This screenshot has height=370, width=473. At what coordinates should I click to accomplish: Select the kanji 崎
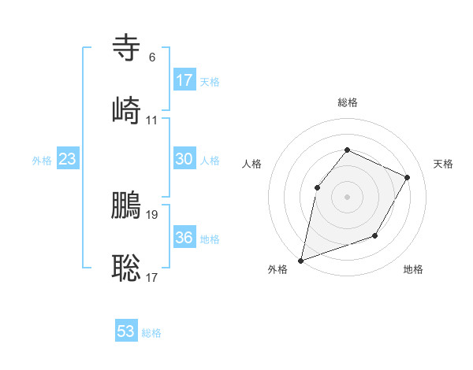click(x=126, y=109)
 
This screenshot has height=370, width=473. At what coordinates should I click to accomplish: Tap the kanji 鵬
click(x=126, y=205)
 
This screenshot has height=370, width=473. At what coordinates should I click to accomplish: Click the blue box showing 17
click(x=184, y=80)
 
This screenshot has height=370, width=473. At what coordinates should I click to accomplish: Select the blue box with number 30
click(x=184, y=159)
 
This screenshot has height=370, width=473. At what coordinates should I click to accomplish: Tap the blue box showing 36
click(x=184, y=238)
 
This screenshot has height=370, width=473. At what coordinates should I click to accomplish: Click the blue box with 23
click(x=68, y=159)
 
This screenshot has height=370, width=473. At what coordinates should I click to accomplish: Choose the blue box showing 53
click(x=126, y=331)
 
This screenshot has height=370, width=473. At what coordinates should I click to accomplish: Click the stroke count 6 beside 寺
click(x=151, y=57)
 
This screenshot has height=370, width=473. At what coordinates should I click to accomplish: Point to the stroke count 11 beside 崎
click(x=151, y=120)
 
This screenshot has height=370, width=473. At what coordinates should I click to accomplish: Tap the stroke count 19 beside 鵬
click(x=152, y=214)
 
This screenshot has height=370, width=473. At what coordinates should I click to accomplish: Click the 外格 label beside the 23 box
click(x=42, y=161)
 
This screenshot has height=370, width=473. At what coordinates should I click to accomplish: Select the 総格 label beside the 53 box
click(x=151, y=333)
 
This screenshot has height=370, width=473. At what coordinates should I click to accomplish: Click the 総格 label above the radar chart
click(x=347, y=102)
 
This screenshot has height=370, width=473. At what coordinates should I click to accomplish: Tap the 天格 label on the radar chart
click(x=443, y=164)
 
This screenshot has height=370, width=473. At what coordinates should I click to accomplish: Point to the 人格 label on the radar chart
click(x=251, y=164)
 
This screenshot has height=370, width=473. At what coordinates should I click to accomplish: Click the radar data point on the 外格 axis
click(x=300, y=260)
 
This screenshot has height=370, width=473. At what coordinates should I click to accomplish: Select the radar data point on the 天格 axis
click(x=407, y=177)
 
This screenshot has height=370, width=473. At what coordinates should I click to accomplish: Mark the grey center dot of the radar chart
click(x=347, y=197)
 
